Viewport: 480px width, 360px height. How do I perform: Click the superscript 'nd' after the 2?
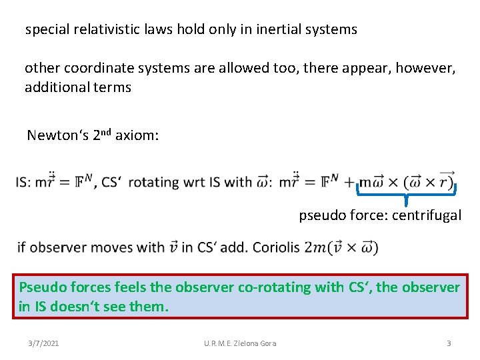[x=105, y=132]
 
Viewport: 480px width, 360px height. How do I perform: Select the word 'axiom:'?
[x=137, y=136]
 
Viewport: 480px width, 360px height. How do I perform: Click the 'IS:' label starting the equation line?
[x=26, y=182]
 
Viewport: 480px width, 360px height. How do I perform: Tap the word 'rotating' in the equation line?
[x=153, y=182]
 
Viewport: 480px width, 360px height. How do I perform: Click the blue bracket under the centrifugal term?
[x=406, y=194]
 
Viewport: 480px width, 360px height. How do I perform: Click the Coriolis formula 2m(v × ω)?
[x=341, y=248]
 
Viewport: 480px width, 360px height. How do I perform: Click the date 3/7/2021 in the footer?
[x=43, y=343]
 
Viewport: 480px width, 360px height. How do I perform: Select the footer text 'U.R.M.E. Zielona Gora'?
[x=240, y=343]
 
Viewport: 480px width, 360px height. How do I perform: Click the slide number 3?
[x=449, y=343]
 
